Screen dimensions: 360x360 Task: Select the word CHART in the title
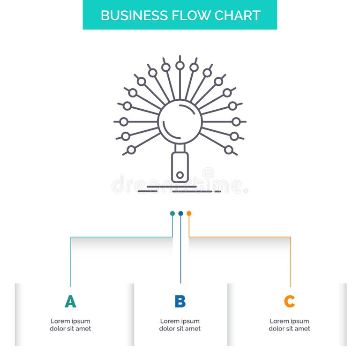click(x=237, y=15)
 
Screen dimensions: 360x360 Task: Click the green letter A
click(x=70, y=301)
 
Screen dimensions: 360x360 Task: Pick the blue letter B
click(x=180, y=301)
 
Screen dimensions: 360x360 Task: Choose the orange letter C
click(x=290, y=301)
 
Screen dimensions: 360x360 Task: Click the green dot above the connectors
click(x=172, y=213)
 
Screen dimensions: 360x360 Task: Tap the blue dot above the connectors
click(x=180, y=213)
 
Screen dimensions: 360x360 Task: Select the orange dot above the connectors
click(x=189, y=213)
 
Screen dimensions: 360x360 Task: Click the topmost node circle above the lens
click(x=180, y=66)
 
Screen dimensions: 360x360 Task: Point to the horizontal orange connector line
click(x=239, y=237)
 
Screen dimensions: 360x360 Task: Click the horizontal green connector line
click(x=122, y=237)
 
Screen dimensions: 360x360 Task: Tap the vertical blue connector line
click(x=180, y=253)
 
